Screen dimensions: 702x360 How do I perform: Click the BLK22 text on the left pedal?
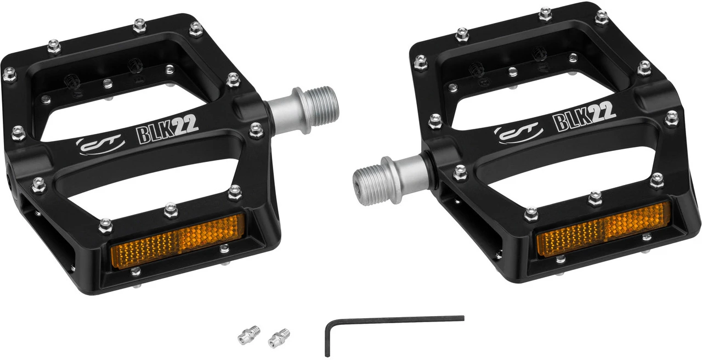click(x=167, y=129)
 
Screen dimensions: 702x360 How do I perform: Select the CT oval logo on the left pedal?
click(x=100, y=145)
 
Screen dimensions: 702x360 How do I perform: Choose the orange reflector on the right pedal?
click(x=604, y=229)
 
